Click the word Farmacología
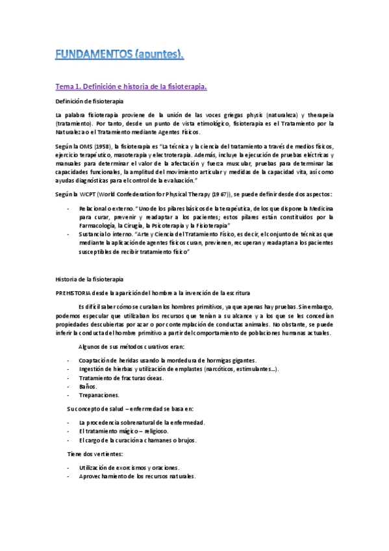(x=99, y=225)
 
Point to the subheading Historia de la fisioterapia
(x=88, y=279)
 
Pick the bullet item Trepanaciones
(x=99, y=394)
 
